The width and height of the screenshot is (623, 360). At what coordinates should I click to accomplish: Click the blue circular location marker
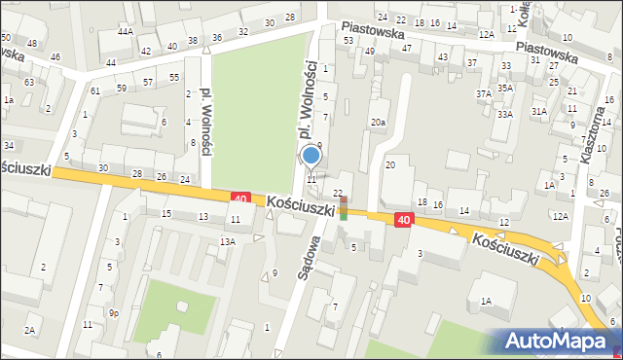click(311, 155)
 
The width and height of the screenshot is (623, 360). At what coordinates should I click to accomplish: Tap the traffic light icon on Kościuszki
click(343, 207)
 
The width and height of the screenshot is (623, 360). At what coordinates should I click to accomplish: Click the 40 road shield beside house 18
click(403, 221)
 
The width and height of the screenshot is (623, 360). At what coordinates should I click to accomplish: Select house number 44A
click(126, 32)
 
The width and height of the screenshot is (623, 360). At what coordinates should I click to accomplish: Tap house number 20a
click(378, 122)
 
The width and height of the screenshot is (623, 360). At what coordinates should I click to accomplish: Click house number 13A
click(227, 240)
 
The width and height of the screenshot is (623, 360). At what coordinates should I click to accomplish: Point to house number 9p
click(114, 312)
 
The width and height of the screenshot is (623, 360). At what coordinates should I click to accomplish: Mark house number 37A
click(483, 93)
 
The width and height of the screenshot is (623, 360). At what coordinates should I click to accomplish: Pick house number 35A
click(505, 88)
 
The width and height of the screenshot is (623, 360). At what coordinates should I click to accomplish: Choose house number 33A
click(504, 114)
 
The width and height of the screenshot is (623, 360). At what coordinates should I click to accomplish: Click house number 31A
click(539, 112)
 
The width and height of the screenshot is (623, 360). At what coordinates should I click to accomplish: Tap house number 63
click(29, 82)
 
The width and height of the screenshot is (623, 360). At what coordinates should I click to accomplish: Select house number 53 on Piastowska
click(348, 40)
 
